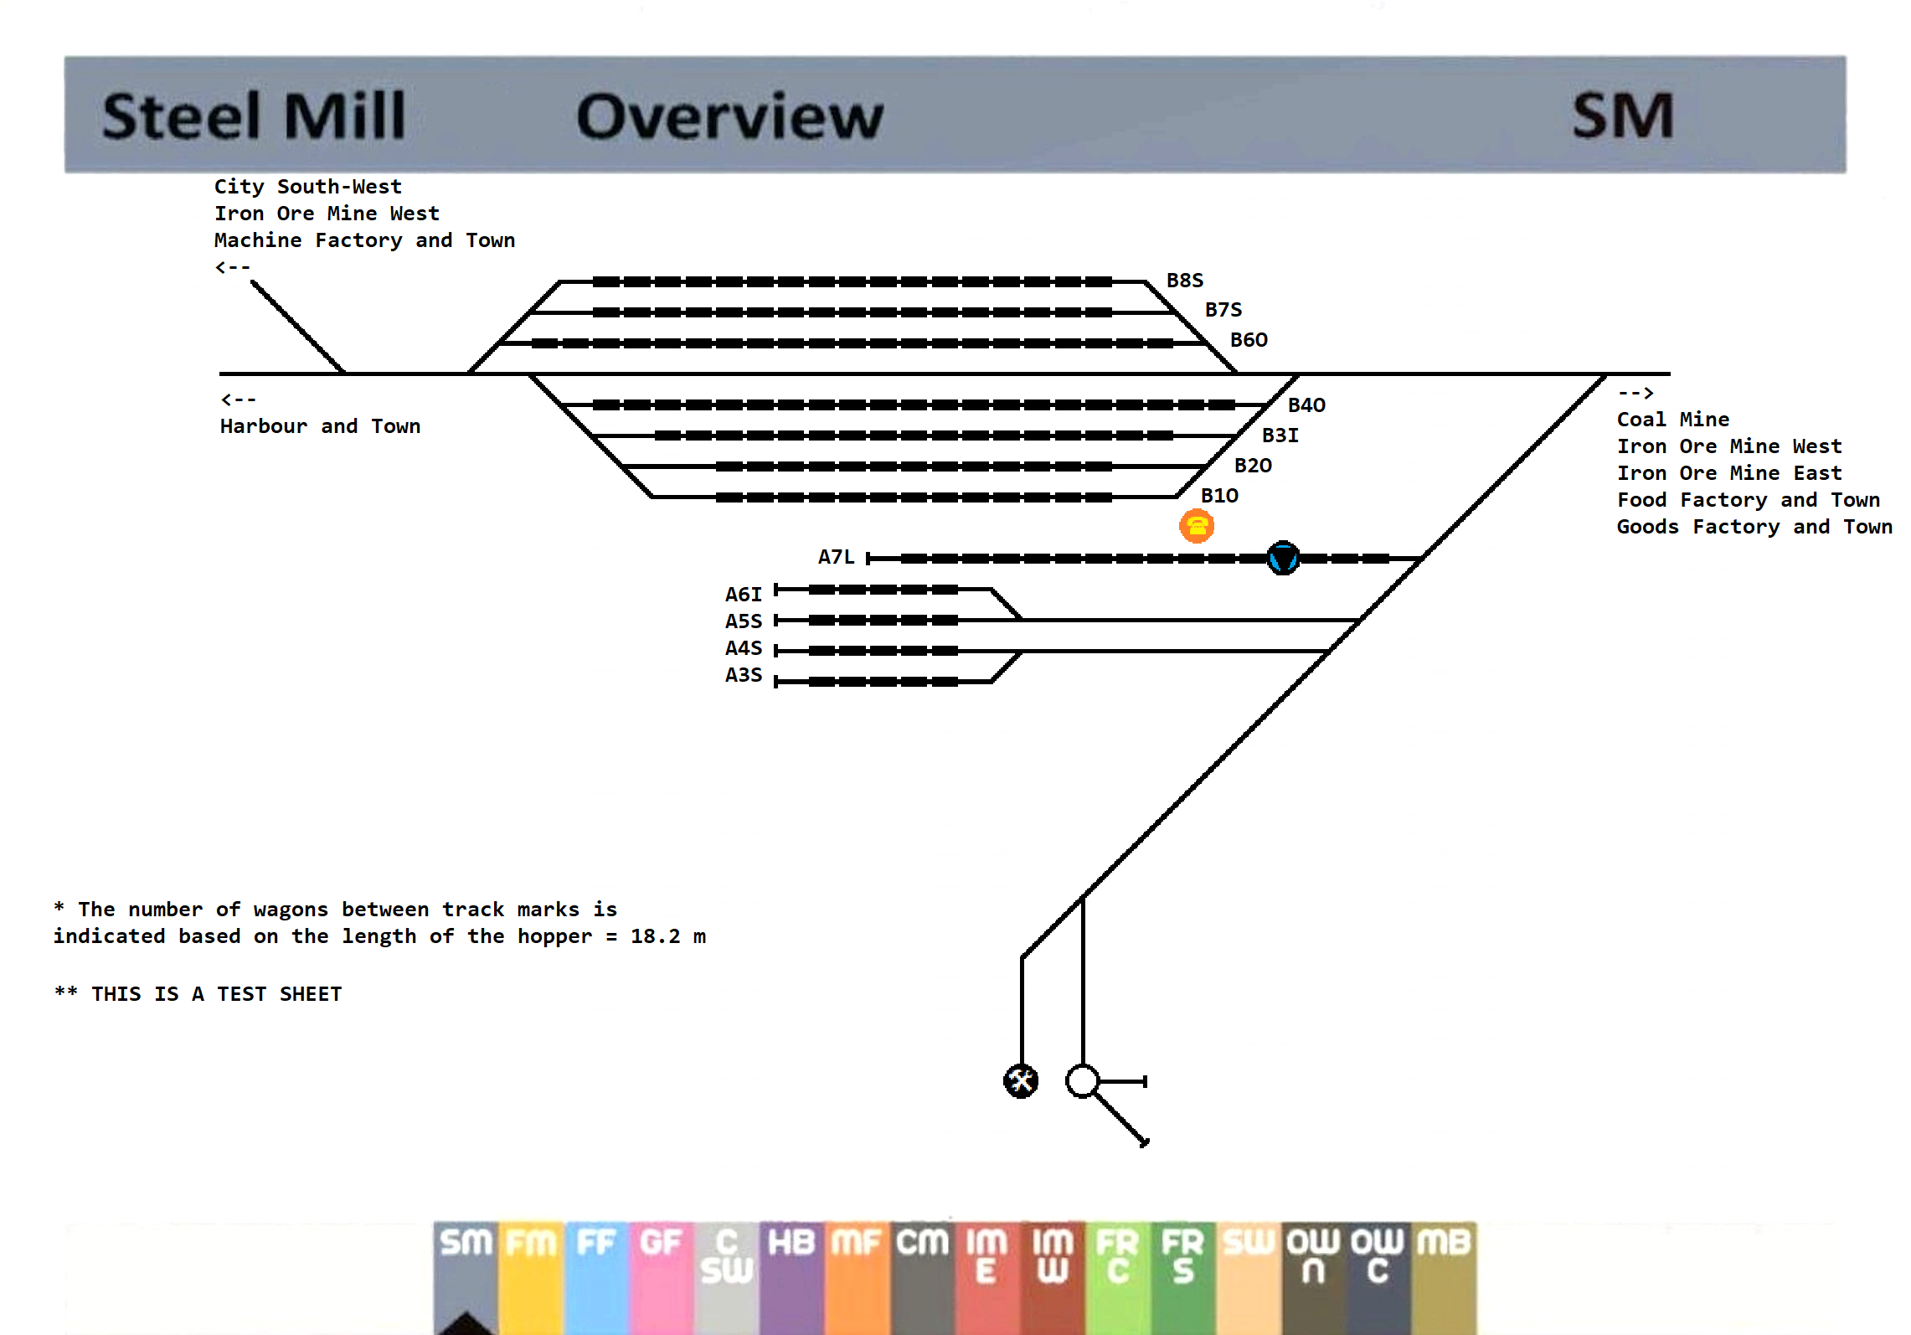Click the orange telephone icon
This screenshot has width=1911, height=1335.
(1196, 526)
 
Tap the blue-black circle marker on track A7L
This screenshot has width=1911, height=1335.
(1282, 558)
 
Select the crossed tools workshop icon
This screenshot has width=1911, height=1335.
(1020, 1080)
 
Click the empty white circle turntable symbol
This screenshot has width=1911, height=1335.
(1082, 1080)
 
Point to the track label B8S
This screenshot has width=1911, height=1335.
(1184, 281)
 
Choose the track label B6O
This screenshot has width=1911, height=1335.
(1248, 340)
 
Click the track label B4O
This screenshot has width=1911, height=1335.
(1306, 405)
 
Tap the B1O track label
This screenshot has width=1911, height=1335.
(1218, 496)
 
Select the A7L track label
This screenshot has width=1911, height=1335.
(836, 557)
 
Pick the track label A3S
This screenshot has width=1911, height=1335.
(743, 675)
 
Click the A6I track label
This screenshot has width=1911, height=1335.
(743, 595)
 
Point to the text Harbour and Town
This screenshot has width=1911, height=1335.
(320, 426)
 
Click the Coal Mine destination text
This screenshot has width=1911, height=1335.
(1672, 420)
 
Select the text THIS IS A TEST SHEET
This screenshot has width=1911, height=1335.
(216, 994)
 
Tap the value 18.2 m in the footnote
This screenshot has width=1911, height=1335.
(667, 936)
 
